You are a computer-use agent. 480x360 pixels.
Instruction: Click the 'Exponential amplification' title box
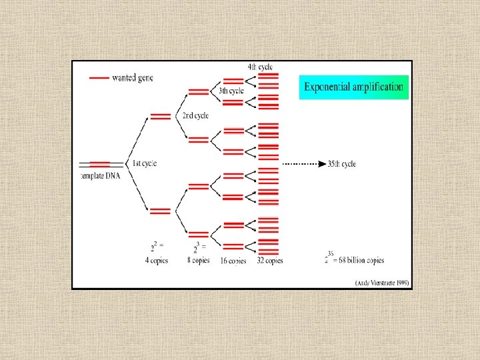tap(353, 87)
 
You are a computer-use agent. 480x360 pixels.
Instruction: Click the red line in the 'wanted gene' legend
tap(99, 78)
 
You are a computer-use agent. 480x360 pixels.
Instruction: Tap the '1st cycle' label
tap(145, 164)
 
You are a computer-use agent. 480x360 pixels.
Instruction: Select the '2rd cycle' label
tap(195, 115)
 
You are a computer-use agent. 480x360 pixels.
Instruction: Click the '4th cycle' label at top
tap(259, 67)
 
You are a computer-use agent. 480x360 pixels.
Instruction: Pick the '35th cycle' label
tap(343, 164)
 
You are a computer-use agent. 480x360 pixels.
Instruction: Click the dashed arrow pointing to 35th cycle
tap(303, 164)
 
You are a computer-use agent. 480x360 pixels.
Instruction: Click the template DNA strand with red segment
tap(100, 164)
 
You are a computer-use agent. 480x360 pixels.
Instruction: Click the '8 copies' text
tap(199, 261)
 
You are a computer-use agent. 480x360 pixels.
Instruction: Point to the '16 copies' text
tap(233, 261)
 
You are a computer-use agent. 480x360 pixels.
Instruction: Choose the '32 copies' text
tap(270, 261)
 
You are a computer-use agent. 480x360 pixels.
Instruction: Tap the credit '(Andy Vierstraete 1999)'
tap(381, 283)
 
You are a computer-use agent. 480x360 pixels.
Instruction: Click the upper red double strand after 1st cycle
tap(160, 116)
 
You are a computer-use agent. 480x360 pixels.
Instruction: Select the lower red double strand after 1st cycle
tap(160, 211)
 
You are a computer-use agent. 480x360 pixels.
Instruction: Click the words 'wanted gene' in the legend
tap(133, 78)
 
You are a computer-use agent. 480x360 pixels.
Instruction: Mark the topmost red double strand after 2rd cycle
tap(199, 92)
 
